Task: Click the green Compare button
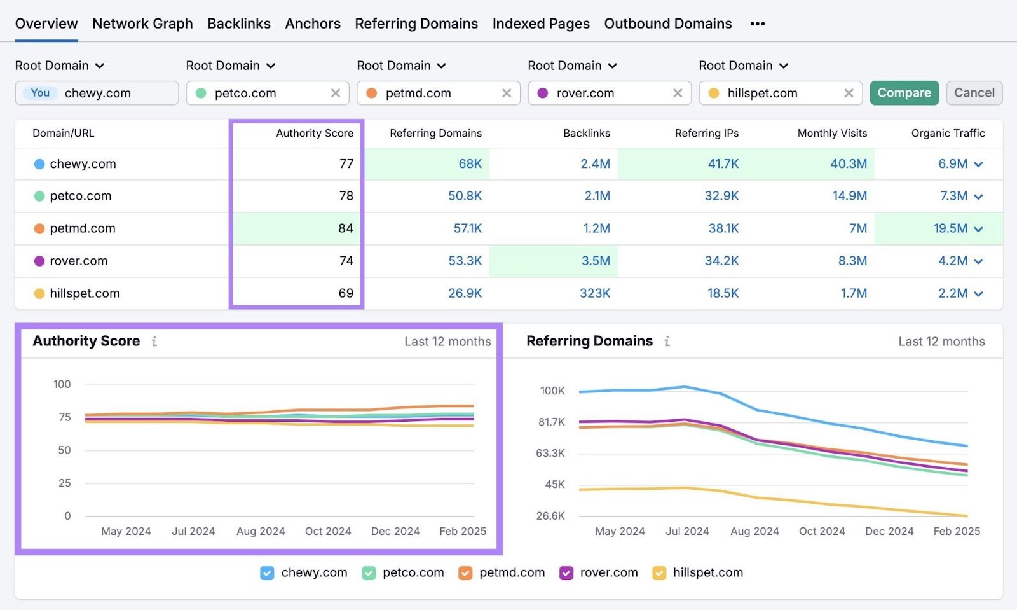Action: coord(904,93)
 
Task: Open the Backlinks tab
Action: coord(239,24)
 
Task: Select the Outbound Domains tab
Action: coord(667,24)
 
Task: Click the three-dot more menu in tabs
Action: coord(757,24)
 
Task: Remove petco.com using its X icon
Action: coord(336,93)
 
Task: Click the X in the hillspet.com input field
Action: coord(849,93)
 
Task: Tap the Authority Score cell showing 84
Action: coord(345,228)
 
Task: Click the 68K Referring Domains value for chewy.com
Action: coord(470,163)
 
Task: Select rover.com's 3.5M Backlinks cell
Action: coord(595,261)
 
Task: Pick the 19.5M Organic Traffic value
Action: coord(950,228)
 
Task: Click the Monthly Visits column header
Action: coord(832,133)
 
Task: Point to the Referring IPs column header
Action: coord(706,133)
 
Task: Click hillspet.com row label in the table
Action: coord(85,293)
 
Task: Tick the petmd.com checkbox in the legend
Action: coord(465,573)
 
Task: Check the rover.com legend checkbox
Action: coord(566,573)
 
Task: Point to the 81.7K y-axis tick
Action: coord(551,422)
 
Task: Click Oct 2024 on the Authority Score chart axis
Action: coord(327,531)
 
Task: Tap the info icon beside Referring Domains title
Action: coord(667,342)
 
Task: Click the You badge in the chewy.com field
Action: coord(40,93)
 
